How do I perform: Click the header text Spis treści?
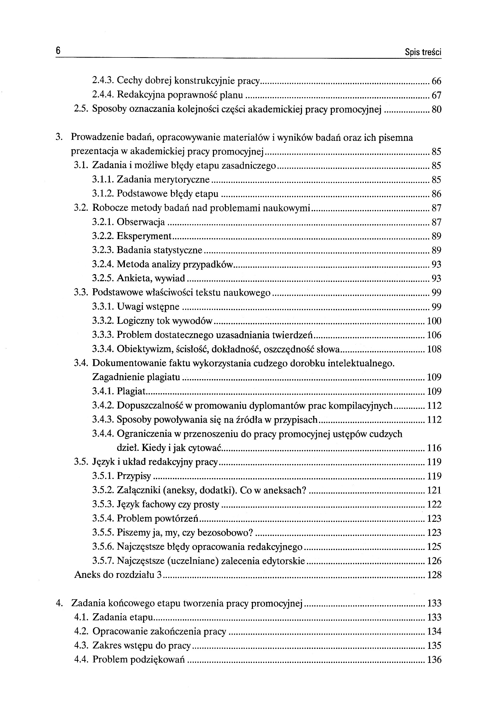(x=423, y=52)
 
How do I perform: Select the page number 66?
(x=436, y=81)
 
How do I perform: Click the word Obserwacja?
(x=140, y=222)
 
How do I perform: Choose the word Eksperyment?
(x=144, y=236)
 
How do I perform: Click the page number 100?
(x=434, y=321)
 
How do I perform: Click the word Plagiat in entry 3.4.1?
(x=131, y=391)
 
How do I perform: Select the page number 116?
(x=434, y=448)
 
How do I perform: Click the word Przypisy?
(x=133, y=476)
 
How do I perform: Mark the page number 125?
(x=434, y=547)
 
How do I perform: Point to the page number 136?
(x=434, y=660)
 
